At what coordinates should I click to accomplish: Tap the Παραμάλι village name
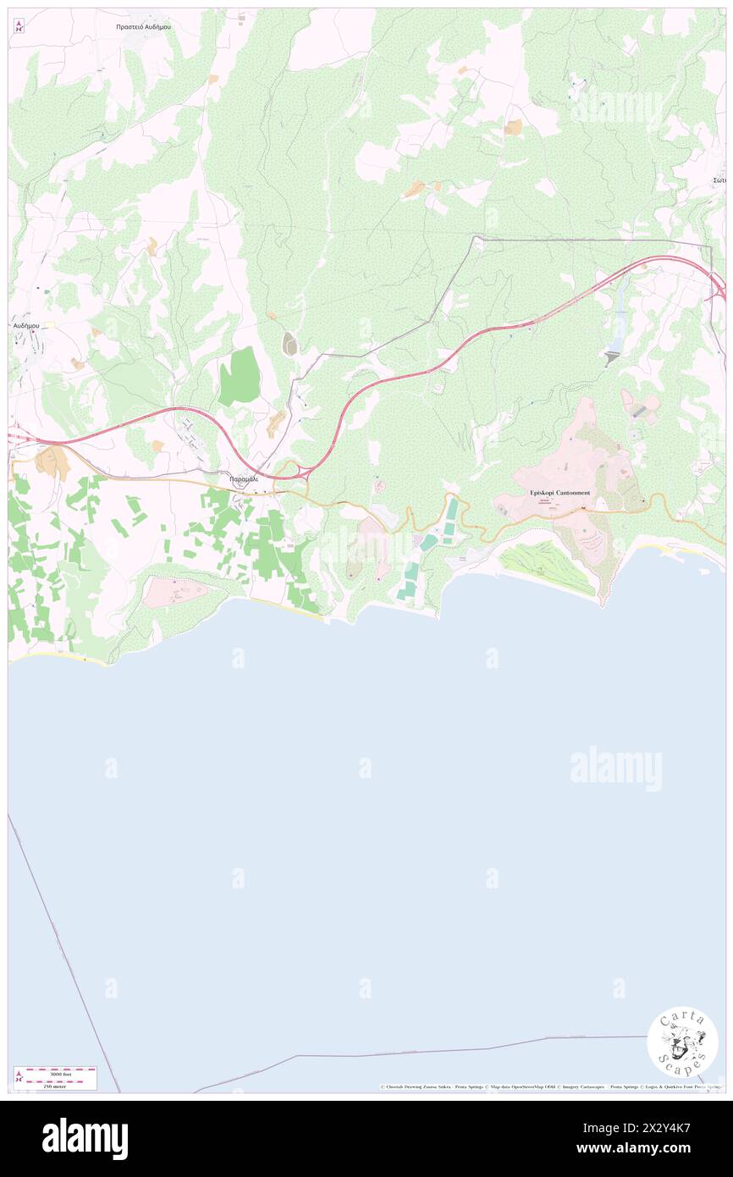click(x=243, y=478)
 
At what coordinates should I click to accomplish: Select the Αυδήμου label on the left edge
click(x=26, y=325)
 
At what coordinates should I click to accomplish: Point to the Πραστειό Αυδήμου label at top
click(x=143, y=27)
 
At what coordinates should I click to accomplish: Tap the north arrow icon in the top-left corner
click(x=19, y=27)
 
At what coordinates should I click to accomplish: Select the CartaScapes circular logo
click(x=682, y=1042)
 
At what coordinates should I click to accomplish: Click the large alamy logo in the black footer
click(x=85, y=1138)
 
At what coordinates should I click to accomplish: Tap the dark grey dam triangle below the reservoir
click(x=612, y=359)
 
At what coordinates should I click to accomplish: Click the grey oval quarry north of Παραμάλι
click(x=289, y=343)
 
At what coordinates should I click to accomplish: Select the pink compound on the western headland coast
click(x=174, y=594)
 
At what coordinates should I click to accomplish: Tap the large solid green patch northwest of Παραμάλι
click(x=240, y=377)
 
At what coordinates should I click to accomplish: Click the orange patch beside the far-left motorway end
click(x=52, y=461)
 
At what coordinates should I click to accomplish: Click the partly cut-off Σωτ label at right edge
click(x=719, y=180)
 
